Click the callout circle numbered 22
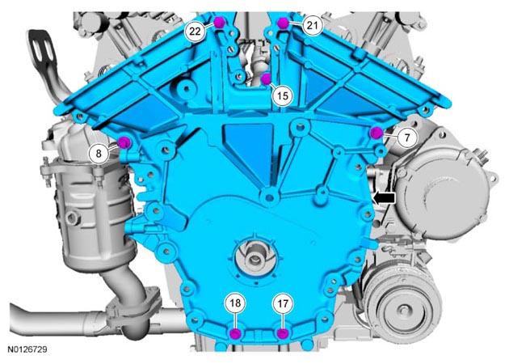pyautogui.click(x=196, y=32)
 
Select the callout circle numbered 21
pyautogui.click(x=312, y=25)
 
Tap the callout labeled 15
pyautogui.click(x=283, y=96)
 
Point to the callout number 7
pyautogui.click(x=407, y=138)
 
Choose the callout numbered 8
pyautogui.click(x=99, y=154)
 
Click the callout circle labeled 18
pyautogui.click(x=235, y=303)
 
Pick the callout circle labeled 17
pyautogui.click(x=283, y=303)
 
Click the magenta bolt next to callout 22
pyautogui.click(x=220, y=22)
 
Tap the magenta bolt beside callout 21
pyautogui.click(x=283, y=23)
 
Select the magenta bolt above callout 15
pyautogui.click(x=266, y=78)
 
